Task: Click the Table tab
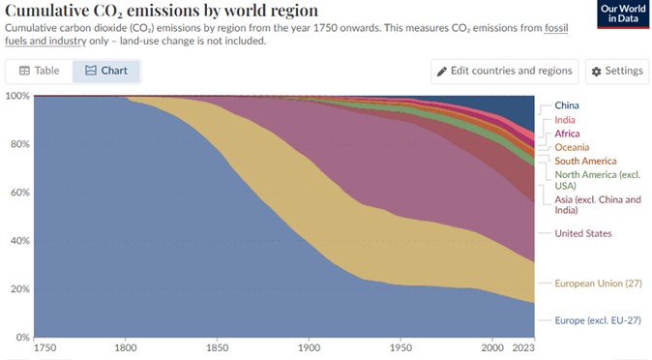(x=39, y=71)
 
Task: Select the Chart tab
(x=106, y=71)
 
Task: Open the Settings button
(x=617, y=72)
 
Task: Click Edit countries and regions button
(x=504, y=72)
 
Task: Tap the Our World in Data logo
(x=623, y=14)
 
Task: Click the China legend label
(x=567, y=105)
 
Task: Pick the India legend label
(x=565, y=120)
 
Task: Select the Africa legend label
(x=567, y=134)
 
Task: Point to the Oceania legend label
(x=572, y=147)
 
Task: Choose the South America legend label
(x=585, y=161)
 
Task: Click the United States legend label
(x=583, y=233)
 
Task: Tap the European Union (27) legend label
(x=599, y=284)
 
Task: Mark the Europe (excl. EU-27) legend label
(x=598, y=320)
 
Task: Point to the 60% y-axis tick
(x=20, y=193)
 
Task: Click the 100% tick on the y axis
(x=17, y=96)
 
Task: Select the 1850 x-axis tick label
(x=217, y=348)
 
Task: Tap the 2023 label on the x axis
(x=523, y=348)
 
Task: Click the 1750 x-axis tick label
(x=44, y=348)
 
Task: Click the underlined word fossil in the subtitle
(x=556, y=28)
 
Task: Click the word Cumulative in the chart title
(x=47, y=10)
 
